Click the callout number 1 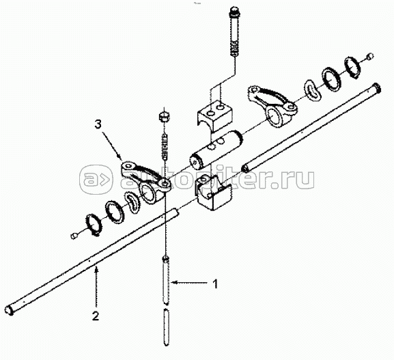click(215, 283)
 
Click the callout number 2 click(96, 316)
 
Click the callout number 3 click(99, 125)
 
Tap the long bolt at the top click(234, 31)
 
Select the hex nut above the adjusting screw click(165, 117)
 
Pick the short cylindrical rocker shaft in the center click(216, 148)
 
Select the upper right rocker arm click(272, 105)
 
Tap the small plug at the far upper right click(370, 57)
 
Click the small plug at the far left click(73, 236)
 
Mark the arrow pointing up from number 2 click(96, 287)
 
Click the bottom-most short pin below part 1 click(167, 327)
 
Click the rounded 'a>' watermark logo click(96, 180)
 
